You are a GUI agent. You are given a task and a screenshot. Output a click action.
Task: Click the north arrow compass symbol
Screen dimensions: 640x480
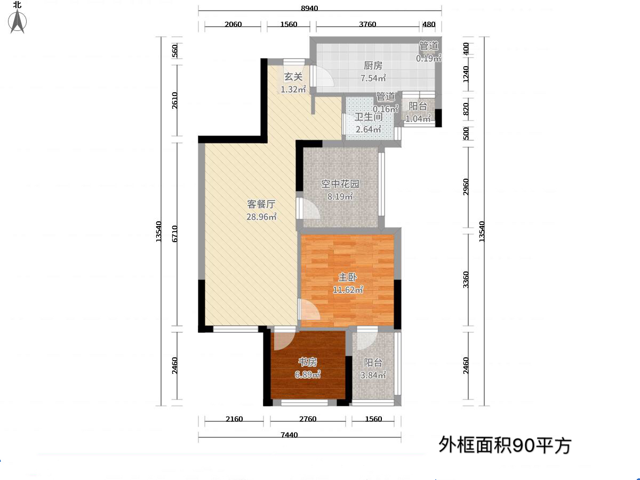pyautogui.click(x=17, y=21)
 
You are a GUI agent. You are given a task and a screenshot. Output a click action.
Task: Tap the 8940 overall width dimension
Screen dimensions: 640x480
pyautogui.click(x=309, y=8)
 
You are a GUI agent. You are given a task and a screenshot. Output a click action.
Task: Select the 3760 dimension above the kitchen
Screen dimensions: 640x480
pyautogui.click(x=367, y=24)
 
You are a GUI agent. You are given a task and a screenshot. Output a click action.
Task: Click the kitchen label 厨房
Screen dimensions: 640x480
pyautogui.click(x=373, y=66)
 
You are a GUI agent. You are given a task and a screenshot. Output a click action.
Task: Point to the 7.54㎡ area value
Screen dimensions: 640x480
pyautogui.click(x=373, y=78)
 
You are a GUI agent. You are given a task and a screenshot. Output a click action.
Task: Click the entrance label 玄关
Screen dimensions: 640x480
pyautogui.click(x=293, y=77)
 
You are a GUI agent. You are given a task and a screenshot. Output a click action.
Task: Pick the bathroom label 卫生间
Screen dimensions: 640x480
pyautogui.click(x=369, y=117)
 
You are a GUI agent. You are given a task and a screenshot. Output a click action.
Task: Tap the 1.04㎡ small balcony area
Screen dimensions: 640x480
pyautogui.click(x=418, y=118)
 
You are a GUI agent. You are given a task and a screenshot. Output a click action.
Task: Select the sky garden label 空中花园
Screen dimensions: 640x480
pyautogui.click(x=340, y=184)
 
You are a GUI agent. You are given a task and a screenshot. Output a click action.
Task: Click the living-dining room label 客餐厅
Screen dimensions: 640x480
pyautogui.click(x=261, y=204)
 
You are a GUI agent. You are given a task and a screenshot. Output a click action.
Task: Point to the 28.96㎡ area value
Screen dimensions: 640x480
pyautogui.click(x=261, y=217)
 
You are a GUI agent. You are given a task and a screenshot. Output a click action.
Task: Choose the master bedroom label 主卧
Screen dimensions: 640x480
pyautogui.click(x=348, y=277)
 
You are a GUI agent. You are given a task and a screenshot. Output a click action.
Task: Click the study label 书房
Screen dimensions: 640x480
pyautogui.click(x=308, y=362)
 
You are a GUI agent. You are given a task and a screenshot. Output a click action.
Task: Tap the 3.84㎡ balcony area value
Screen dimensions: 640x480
pyautogui.click(x=373, y=375)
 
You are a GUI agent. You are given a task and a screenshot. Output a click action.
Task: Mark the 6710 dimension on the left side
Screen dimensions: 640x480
pyautogui.click(x=174, y=234)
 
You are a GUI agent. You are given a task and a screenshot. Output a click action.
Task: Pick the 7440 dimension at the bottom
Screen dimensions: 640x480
pyautogui.click(x=289, y=435)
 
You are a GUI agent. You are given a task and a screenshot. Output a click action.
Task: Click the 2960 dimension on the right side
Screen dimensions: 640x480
pyautogui.click(x=466, y=187)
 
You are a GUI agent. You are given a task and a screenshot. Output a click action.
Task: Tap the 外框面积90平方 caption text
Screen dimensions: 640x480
pyautogui.click(x=505, y=445)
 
